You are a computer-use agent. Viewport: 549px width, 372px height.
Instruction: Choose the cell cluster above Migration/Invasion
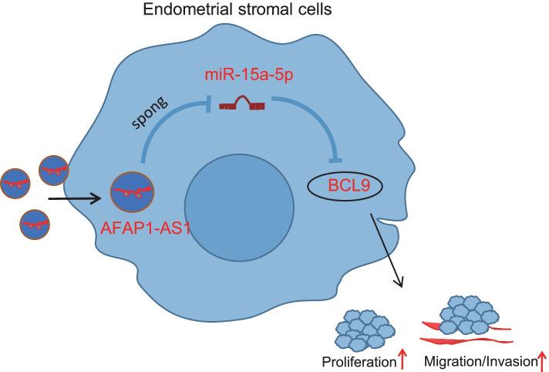[x=466, y=313]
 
